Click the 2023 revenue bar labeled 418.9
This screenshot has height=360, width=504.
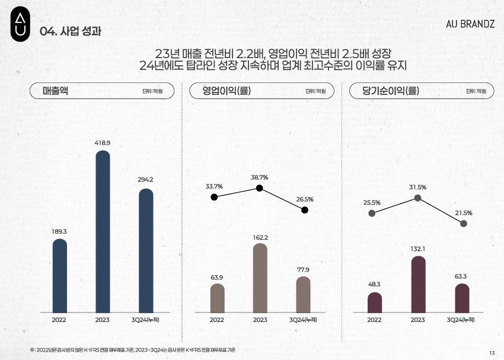click(x=103, y=231)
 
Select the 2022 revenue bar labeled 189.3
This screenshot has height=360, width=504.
click(x=60, y=275)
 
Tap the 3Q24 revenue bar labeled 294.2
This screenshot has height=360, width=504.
click(x=146, y=250)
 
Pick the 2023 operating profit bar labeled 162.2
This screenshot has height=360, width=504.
click(x=260, y=278)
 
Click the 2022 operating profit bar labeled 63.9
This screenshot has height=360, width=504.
click(x=217, y=298)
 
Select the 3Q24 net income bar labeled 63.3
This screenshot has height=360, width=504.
click(x=462, y=298)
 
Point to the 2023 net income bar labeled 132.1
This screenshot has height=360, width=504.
click(x=418, y=284)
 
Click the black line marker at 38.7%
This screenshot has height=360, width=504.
click(x=260, y=188)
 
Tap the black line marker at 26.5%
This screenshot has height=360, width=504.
click(x=305, y=210)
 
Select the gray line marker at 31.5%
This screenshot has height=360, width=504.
click(x=418, y=198)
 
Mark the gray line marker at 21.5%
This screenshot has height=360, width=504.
click(x=463, y=223)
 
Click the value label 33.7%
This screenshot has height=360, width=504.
click(x=214, y=186)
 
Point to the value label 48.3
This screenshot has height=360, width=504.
click(x=374, y=285)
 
